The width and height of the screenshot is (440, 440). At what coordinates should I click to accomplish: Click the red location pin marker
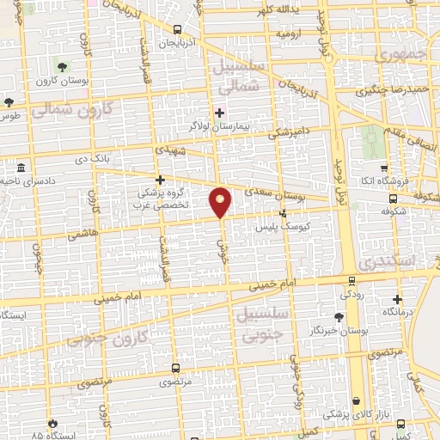tap(221, 201)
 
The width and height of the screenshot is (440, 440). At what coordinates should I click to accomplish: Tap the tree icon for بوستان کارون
tap(61, 66)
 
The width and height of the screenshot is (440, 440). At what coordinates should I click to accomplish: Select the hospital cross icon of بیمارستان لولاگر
tap(220, 112)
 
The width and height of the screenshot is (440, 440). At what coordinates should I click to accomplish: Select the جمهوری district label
tap(400, 53)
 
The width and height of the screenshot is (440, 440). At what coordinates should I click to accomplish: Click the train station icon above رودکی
tap(351, 280)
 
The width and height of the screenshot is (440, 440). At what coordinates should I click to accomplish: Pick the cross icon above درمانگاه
tap(396, 300)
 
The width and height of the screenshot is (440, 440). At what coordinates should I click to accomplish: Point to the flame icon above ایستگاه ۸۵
tap(53, 423)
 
